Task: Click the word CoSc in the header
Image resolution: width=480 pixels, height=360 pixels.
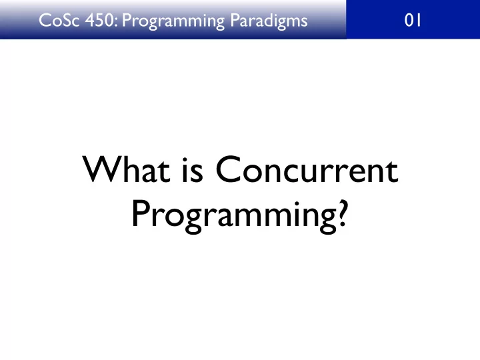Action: pos(59,21)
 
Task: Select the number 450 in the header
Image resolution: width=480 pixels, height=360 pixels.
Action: pos(100,21)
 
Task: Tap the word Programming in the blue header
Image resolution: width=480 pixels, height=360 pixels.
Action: pos(173,22)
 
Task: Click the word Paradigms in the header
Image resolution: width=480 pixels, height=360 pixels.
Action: pos(269,21)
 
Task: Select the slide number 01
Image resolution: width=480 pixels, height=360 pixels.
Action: pos(413,21)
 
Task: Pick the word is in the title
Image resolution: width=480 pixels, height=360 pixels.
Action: pos(193,170)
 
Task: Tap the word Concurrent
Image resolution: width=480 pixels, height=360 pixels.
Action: pos(307,169)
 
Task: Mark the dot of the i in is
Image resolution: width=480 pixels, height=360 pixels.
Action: pos(185,160)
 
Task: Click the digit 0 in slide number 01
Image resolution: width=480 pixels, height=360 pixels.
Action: pos(409,21)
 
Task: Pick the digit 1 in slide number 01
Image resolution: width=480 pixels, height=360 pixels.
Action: pos(419,21)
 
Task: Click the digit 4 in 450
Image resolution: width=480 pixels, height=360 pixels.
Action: pos(90,21)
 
